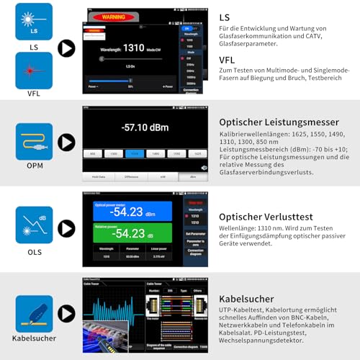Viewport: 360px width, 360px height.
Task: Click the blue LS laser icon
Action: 34,21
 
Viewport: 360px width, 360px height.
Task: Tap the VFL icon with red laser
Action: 34,70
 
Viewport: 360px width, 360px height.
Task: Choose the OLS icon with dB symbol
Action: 34,225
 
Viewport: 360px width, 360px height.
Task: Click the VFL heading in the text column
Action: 227,60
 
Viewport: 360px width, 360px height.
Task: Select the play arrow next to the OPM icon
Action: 66,142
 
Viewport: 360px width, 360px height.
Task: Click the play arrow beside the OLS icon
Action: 66,228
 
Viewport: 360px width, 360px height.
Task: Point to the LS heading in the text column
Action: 224,16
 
